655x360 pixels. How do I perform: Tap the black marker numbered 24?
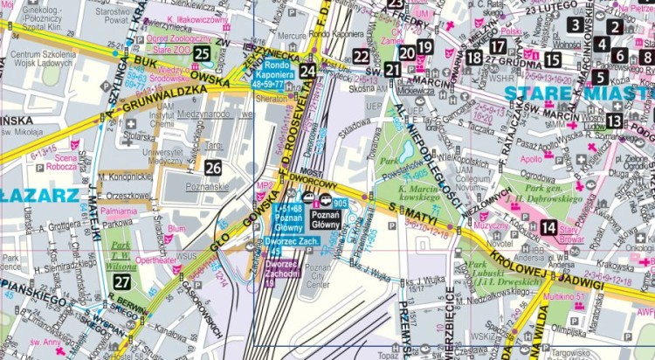[x=307, y=71]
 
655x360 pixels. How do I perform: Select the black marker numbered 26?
[x=213, y=167]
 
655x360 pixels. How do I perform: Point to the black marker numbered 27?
[x=122, y=281]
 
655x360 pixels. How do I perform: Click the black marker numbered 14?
[x=548, y=229]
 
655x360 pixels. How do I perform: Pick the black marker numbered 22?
[x=362, y=58]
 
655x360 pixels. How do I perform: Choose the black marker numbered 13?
[x=615, y=121]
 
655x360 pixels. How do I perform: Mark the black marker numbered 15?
[x=552, y=59]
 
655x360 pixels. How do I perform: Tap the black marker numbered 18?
[x=474, y=58]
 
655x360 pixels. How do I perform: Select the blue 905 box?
[x=340, y=203]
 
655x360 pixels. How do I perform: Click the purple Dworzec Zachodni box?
[x=281, y=271]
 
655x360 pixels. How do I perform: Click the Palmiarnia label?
[x=118, y=211]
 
